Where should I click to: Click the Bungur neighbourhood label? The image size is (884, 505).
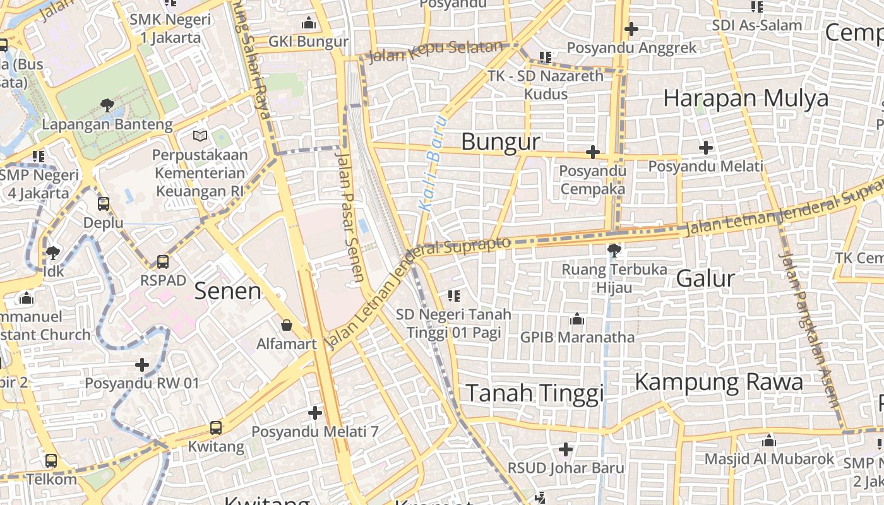tap(501, 142)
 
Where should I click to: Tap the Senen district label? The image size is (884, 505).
tap(227, 291)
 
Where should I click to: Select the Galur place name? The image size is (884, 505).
tap(705, 278)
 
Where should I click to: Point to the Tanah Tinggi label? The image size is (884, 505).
tap(534, 393)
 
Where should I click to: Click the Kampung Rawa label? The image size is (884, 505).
tap(719, 382)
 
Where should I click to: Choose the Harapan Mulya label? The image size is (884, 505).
tap(746, 98)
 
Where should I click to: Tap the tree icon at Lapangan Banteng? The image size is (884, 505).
tap(107, 105)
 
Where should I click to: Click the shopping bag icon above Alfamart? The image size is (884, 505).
tap(287, 325)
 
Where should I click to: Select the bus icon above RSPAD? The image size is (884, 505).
tap(162, 261)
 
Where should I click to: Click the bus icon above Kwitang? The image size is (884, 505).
tap(215, 427)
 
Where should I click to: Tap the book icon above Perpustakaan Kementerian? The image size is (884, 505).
tap(200, 136)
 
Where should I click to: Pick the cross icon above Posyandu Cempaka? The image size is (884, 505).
tap(592, 152)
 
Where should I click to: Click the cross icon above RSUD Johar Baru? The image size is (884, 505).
tap(566, 449)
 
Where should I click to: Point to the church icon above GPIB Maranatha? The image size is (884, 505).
tap(576, 319)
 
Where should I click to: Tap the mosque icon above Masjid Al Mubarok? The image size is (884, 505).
tap(768, 441)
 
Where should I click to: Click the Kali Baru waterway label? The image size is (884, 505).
tap(433, 163)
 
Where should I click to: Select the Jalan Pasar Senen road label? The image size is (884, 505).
tap(350, 215)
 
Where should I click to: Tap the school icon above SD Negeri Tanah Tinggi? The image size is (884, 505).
tap(453, 295)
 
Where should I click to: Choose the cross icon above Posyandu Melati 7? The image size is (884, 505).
tap(314, 413)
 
